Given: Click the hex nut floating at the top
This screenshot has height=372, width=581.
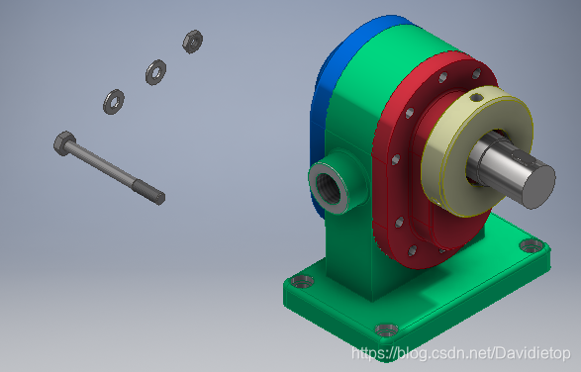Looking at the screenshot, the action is (x=192, y=42).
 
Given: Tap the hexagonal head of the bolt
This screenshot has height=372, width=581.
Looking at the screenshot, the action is (x=64, y=143).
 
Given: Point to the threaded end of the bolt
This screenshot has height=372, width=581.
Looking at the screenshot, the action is (x=149, y=191).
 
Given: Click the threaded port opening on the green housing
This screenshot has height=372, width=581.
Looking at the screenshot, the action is (x=329, y=189).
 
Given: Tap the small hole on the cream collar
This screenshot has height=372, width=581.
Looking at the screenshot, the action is (x=476, y=97).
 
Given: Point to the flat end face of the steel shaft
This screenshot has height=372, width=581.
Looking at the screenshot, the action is (x=539, y=186).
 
